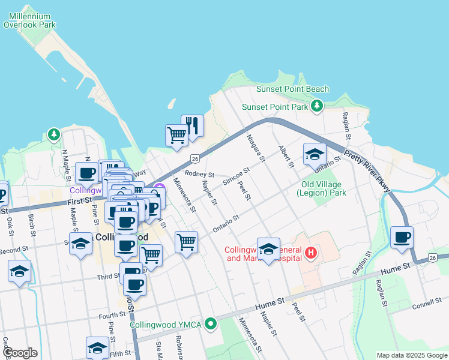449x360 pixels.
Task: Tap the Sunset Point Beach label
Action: click(292, 89)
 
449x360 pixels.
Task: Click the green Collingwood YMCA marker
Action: click(210, 325)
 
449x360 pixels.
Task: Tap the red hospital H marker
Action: click(310, 253)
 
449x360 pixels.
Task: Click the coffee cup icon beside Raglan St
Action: click(402, 237)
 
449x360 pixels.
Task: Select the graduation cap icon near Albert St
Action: click(314, 154)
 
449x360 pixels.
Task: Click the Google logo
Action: click(19, 353)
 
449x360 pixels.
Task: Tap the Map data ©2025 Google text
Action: click(411, 355)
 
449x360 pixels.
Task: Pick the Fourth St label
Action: click(112, 315)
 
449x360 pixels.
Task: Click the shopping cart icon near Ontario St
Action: click(186, 242)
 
